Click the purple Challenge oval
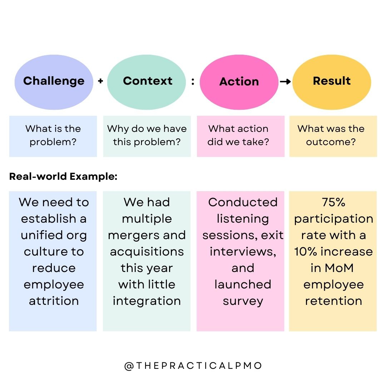pos(54,82)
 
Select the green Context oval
pos(147,82)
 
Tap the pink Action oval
pos(239,82)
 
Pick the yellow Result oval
pos(332,82)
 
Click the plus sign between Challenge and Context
pos(100,81)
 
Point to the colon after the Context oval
pos(193,82)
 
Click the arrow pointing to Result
pos(285,82)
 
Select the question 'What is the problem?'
pos(53,135)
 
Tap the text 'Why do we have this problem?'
pos(147,135)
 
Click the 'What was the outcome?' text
pos(331,135)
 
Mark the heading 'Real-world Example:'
pos(63,177)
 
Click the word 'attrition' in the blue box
pos(54,301)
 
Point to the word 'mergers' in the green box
pos(132,235)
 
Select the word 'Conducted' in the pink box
pos(243,202)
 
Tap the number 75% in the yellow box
pos(333,202)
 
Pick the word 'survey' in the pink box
pos(243,301)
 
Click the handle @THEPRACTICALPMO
pos(193,366)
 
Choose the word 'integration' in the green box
pos(147,301)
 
